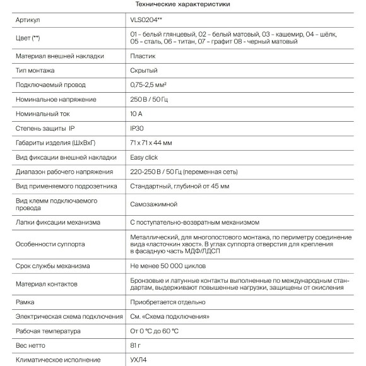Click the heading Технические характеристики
click(183, 4)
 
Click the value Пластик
click(143, 56)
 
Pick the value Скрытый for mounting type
click(143, 71)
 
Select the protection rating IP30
click(137, 128)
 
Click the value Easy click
click(144, 157)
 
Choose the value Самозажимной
click(153, 204)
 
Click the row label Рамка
click(25, 302)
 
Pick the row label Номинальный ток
click(42, 114)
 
